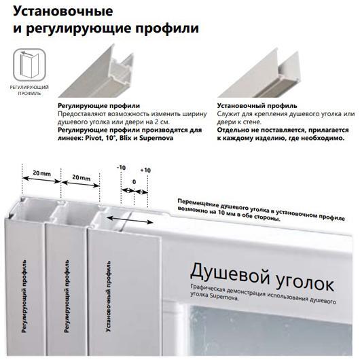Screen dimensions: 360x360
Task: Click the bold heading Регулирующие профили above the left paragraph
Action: pos(98,106)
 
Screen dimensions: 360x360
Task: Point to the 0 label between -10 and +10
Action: pos(134,182)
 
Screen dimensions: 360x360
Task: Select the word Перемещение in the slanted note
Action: pos(197,203)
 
